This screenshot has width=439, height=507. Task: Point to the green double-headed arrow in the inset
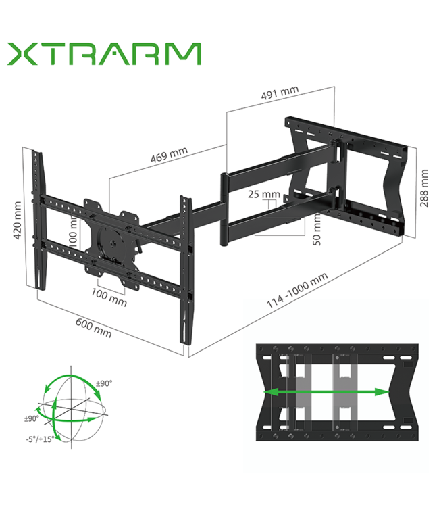pyautogui.click(x=325, y=391)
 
